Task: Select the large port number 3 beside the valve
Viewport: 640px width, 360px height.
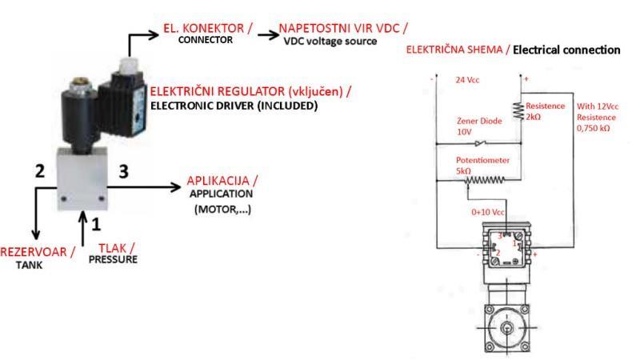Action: pos(122,171)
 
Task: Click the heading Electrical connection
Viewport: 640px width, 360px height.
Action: pos(566,50)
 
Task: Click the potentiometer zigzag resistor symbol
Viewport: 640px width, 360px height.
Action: pos(483,182)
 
